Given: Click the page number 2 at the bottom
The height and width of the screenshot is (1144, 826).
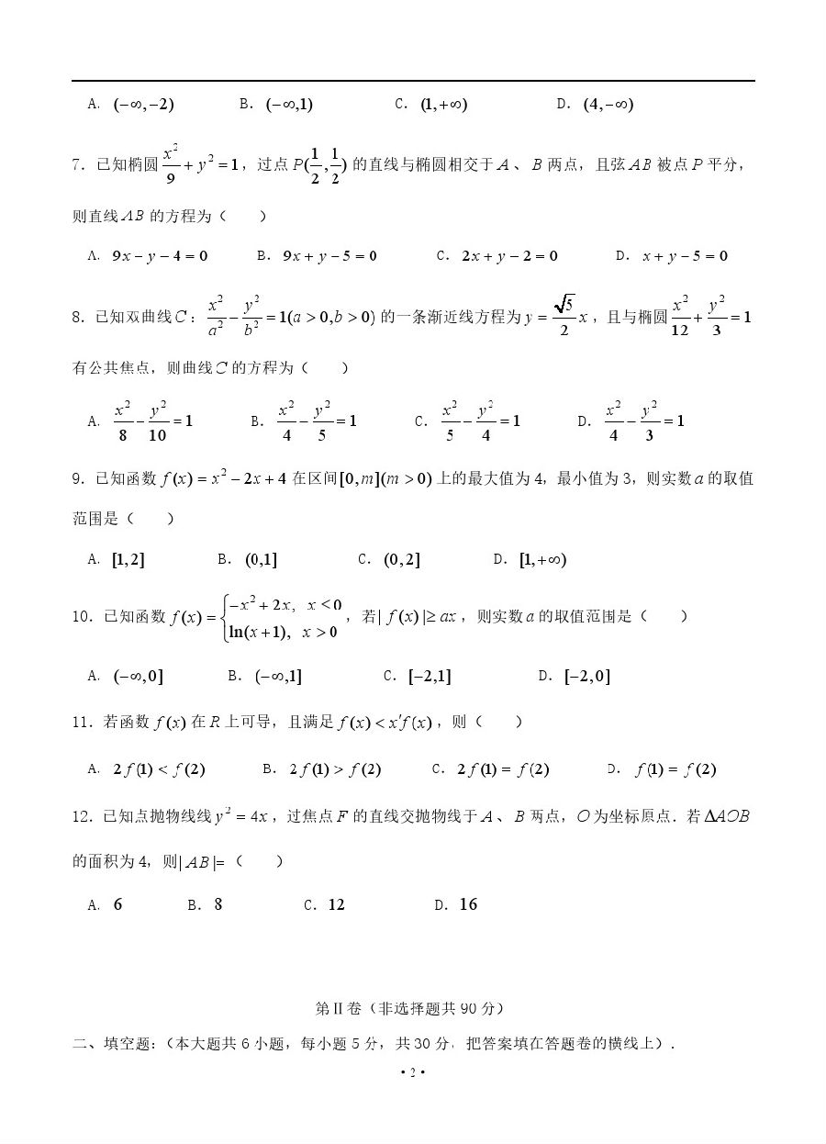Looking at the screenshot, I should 412,1073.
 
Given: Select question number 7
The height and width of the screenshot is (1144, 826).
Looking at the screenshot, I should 76,165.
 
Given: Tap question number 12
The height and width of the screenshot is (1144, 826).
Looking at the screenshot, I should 80,816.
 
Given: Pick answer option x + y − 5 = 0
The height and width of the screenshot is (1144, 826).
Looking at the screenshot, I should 685,256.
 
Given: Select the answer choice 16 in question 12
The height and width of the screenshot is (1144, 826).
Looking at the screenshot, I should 468,904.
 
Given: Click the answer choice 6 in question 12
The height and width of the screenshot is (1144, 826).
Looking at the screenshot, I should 117,904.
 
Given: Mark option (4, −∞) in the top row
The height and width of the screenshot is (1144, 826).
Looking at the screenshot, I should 608,105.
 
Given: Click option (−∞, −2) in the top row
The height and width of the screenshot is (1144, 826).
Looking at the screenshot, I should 143,105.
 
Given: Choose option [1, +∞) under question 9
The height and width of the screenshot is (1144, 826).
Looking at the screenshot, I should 542,559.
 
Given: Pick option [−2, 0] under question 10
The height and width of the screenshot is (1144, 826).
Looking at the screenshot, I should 587,677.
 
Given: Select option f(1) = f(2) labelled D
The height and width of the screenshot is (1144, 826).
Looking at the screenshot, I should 675,769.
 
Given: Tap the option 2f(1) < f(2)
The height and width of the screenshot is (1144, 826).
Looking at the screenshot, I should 159,769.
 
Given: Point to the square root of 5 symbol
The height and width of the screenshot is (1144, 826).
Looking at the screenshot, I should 564,304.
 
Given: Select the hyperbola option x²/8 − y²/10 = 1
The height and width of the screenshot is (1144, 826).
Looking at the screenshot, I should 153,421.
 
